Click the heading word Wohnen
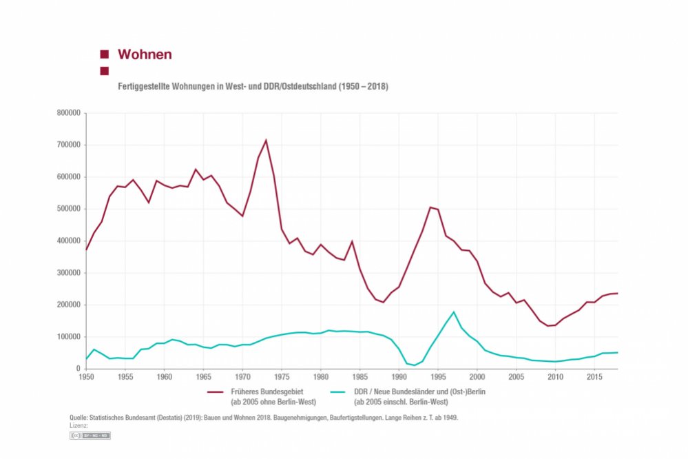click(x=145, y=54)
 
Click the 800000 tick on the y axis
click(x=71, y=113)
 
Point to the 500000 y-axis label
click(x=71, y=209)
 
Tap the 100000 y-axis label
click(x=71, y=337)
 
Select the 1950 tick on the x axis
click(x=86, y=378)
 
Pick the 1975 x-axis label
click(x=281, y=378)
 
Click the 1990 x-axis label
click(x=399, y=378)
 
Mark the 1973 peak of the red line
click(x=266, y=141)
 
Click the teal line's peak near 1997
click(x=454, y=312)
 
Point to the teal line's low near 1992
click(x=415, y=365)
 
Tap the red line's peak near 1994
click(x=430, y=207)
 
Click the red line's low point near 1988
click(x=384, y=302)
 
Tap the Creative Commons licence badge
click(x=90, y=436)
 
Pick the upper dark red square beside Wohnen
click(x=105, y=54)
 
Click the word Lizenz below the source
click(x=79, y=426)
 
